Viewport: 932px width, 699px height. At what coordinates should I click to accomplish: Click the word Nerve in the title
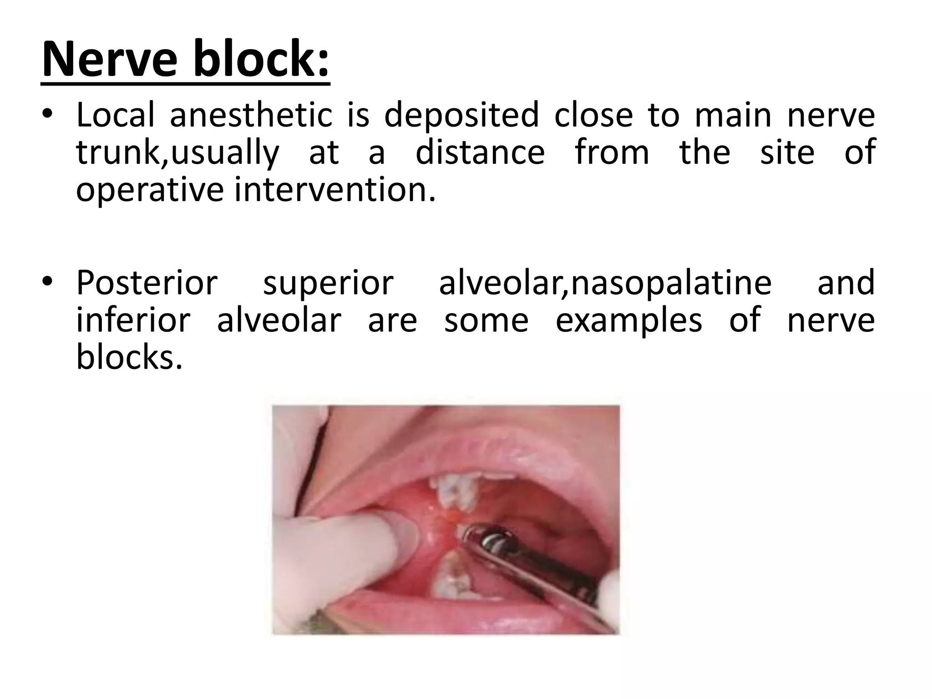click(x=110, y=60)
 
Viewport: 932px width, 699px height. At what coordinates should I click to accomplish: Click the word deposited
click(x=461, y=115)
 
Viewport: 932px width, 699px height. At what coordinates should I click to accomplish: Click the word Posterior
click(x=147, y=283)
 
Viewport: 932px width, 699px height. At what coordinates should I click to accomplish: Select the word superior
click(x=328, y=283)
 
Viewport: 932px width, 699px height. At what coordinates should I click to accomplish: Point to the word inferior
click(x=133, y=320)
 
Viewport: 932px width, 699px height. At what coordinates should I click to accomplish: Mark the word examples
click(x=629, y=320)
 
